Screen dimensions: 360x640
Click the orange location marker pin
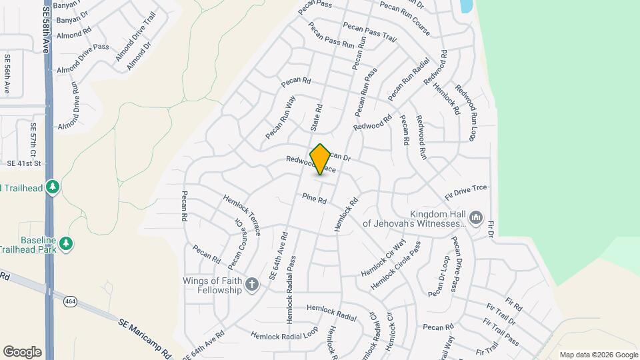pos(320,159)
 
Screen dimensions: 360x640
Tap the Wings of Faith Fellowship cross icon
pos(252,285)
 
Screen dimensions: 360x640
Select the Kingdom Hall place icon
pos(475,217)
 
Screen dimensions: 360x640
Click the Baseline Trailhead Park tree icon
pos(66,244)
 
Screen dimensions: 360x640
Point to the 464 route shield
pos(69,301)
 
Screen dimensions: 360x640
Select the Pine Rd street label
pos(314,199)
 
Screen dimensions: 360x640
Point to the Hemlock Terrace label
pos(241,214)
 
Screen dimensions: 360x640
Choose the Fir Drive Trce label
pos(466,192)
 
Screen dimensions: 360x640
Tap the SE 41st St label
pos(24,163)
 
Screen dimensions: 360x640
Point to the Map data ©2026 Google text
pos(599,355)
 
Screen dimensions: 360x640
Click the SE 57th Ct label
pos(33,136)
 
